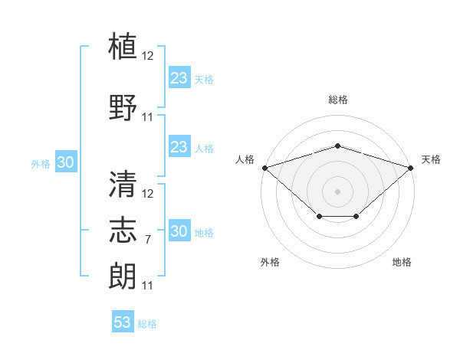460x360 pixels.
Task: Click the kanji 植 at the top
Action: click(123, 46)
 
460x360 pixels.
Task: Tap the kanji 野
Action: click(123, 107)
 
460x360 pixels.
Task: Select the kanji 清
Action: click(123, 184)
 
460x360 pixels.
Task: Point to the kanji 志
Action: click(123, 230)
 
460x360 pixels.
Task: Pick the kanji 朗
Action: click(123, 277)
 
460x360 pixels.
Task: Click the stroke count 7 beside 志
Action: click(147, 240)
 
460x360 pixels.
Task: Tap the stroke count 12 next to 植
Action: click(147, 56)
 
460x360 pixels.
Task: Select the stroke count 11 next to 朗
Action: click(147, 286)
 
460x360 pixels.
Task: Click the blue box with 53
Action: click(123, 321)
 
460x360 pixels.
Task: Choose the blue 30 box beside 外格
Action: click(66, 162)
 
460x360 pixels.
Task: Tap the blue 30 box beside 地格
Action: click(179, 230)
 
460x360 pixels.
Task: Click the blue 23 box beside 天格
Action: click(179, 77)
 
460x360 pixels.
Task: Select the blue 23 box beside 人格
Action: click(179, 146)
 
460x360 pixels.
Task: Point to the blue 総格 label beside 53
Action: click(147, 324)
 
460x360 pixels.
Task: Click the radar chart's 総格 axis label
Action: click(338, 100)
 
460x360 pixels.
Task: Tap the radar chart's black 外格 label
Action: click(270, 262)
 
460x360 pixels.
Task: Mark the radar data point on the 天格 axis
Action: click(411, 168)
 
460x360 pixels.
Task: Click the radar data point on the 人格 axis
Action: click(265, 168)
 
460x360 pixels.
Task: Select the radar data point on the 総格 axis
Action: click(337, 146)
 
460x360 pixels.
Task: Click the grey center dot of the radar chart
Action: click(337, 191)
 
